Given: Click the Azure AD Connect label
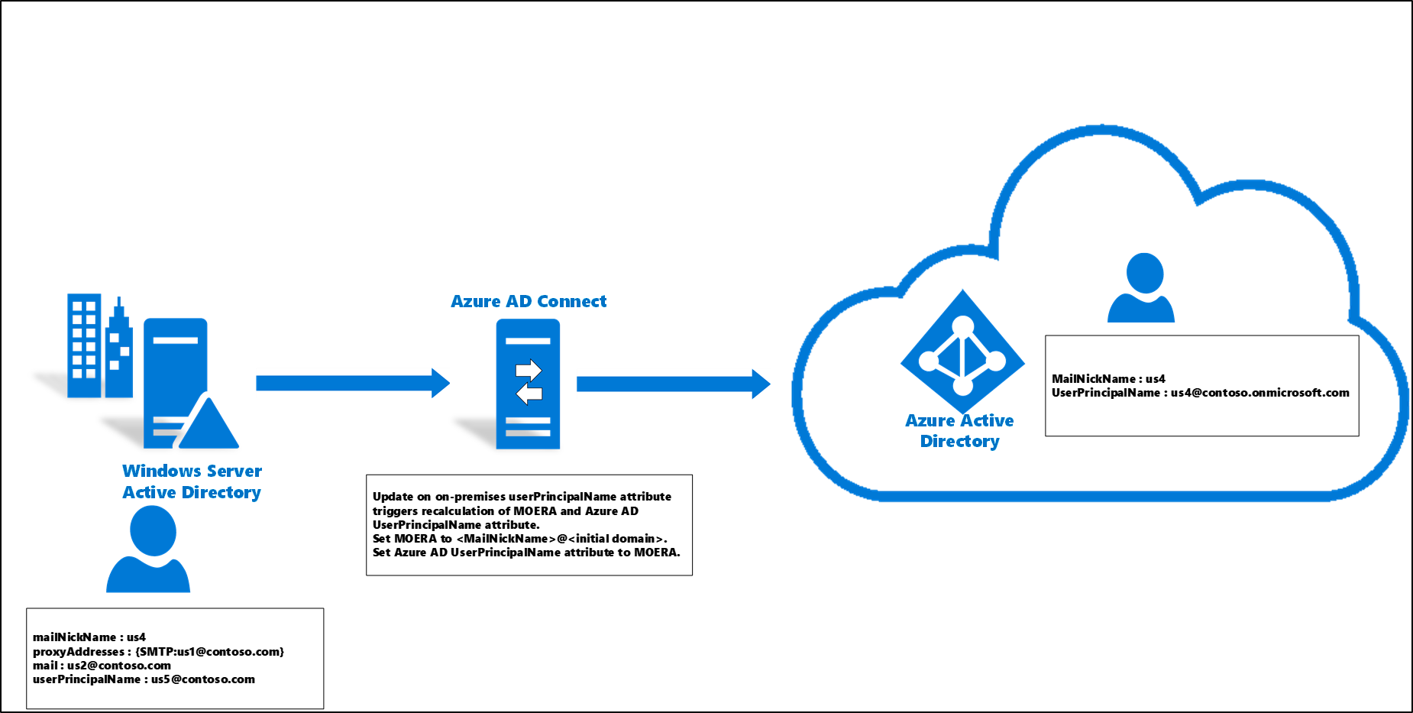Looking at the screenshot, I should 529,301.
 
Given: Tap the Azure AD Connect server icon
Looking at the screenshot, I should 528,384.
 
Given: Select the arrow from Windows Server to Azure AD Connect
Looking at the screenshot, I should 352,383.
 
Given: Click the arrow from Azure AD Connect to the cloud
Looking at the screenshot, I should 673,384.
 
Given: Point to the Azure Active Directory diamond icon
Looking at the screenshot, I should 962,352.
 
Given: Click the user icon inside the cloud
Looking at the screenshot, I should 1142,289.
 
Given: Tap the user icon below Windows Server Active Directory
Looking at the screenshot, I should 149,550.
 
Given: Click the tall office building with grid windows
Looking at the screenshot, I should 84,345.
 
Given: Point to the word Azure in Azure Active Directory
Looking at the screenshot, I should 930,420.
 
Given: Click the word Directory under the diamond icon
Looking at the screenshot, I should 960,441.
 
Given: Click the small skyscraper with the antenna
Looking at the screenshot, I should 119,352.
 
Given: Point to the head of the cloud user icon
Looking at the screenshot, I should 1145,272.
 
